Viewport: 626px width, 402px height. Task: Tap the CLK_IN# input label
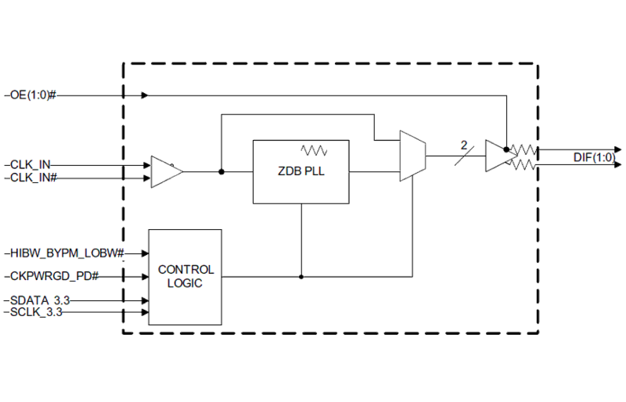[32, 177]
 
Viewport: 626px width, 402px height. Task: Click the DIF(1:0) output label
[594, 158]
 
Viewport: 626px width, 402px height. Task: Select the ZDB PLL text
[301, 172]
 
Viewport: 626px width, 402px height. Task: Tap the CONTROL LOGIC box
[185, 277]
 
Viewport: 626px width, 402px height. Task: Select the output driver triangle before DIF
[498, 156]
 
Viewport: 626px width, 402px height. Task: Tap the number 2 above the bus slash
[464, 145]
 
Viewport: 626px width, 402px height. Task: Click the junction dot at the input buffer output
[221, 172]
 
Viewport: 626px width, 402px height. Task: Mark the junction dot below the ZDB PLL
[301, 276]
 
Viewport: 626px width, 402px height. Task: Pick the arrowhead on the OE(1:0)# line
[144, 95]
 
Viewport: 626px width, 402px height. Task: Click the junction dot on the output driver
[506, 149]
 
